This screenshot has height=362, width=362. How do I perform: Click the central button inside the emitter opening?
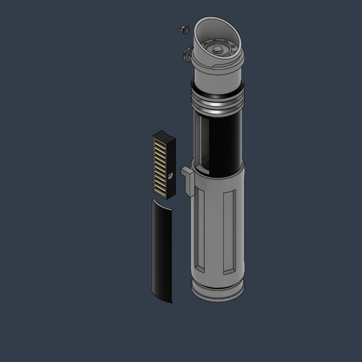tap(219, 50)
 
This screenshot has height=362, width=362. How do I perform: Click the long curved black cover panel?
tap(162, 249)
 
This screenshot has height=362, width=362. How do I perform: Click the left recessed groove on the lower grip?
tap(202, 232)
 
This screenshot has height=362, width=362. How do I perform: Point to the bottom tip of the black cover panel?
tap(168, 300)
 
